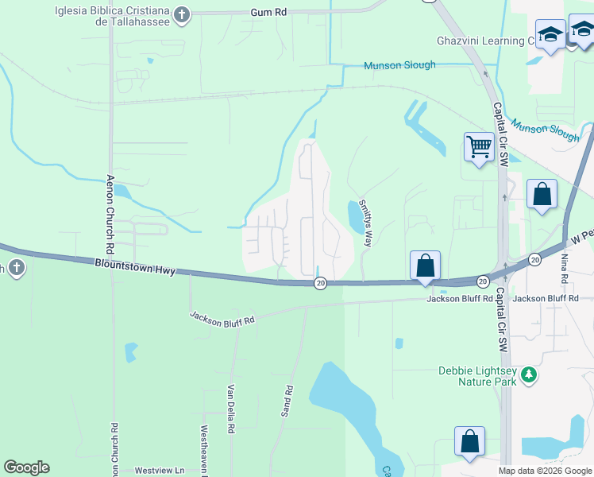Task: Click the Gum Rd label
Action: click(x=268, y=14)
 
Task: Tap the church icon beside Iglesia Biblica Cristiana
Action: click(x=182, y=14)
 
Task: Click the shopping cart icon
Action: click(x=479, y=147)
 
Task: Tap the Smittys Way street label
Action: click(x=364, y=223)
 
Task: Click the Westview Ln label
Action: click(x=159, y=471)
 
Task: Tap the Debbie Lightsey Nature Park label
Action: click(x=477, y=376)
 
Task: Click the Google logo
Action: click(x=26, y=467)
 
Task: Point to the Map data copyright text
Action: click(x=546, y=471)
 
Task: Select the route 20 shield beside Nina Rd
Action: click(x=535, y=259)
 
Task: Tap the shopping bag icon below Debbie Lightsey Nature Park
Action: click(x=469, y=443)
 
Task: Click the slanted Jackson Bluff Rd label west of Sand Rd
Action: click(x=222, y=317)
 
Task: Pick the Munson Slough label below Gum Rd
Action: click(x=399, y=65)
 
